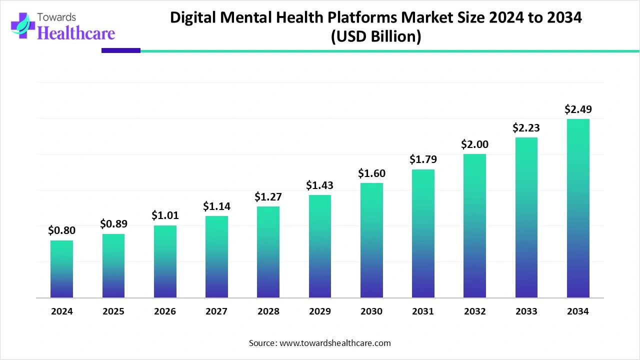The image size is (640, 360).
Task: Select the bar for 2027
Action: coord(216,257)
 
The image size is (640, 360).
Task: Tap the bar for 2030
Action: coord(371,240)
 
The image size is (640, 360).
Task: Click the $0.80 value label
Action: coord(61,230)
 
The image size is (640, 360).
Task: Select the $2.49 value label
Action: coord(577,109)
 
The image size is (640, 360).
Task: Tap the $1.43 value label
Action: coord(319,185)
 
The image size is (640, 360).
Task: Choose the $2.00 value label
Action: coord(474,144)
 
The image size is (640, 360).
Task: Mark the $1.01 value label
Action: coord(164,215)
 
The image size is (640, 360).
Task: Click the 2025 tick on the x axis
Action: coord(113,311)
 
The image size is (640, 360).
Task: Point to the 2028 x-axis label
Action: coord(268,311)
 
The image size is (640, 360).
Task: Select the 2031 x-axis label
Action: coord(423,311)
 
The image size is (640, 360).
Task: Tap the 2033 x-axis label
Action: coord(526,311)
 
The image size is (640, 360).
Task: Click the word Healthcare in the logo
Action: coord(76,33)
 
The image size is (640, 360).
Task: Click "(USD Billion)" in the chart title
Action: coord(376,36)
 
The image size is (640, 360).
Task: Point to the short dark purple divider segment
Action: coord(121,50)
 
